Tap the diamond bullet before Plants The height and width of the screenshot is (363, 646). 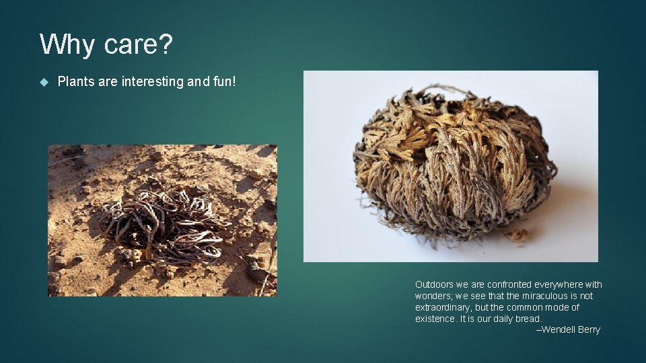coord(44,82)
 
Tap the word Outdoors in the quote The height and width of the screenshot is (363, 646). coord(434,284)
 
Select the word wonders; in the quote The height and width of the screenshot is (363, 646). coord(435,296)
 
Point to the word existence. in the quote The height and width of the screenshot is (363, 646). coord(435,319)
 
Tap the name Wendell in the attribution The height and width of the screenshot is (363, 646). coord(558,329)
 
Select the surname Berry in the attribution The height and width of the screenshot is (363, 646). coord(588,329)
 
